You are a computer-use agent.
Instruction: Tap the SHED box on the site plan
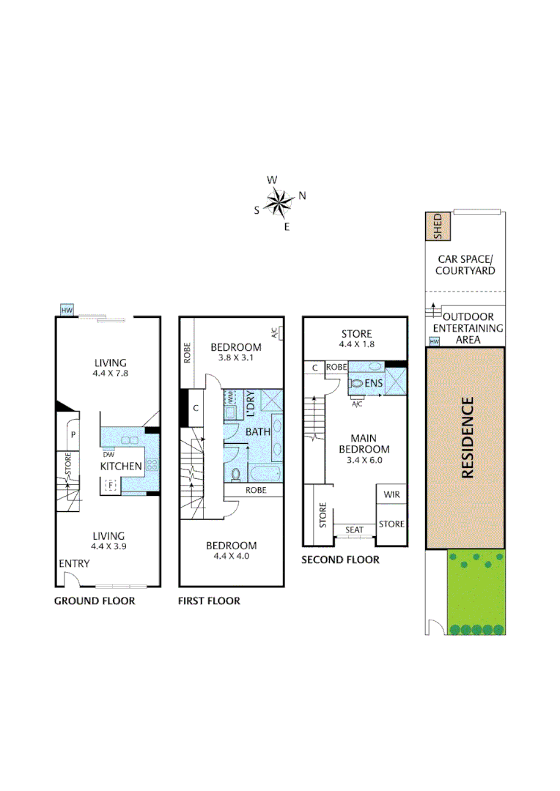pos(438,227)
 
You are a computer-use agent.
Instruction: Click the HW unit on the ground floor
pos(67,311)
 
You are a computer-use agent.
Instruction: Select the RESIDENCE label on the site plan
pos(466,437)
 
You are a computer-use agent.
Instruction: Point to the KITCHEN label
pos(121,466)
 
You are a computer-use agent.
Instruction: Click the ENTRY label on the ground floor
pos(74,563)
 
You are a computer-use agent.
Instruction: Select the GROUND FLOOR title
pos(95,601)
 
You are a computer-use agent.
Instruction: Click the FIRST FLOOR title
pos(209,601)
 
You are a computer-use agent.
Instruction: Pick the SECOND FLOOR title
pos(340,560)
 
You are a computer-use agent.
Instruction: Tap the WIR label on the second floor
pos(390,495)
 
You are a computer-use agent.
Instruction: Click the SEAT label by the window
pos(354,529)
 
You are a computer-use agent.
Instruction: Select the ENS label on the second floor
pos(375,382)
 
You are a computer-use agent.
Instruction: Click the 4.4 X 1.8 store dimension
pos(355,344)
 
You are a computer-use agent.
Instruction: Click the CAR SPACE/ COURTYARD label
pos(465,264)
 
